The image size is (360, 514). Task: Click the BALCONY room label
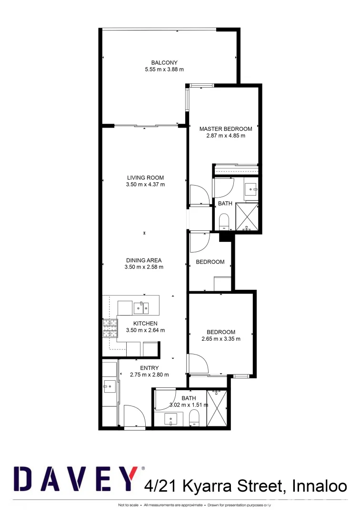164,62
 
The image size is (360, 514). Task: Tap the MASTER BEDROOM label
226,129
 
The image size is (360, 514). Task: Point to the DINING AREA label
144,260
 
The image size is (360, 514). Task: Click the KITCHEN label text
145,324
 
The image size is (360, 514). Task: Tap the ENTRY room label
149,368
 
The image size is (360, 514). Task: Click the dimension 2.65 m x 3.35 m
221,339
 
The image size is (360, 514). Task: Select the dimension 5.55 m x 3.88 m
164,69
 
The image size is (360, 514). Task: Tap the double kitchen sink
141,308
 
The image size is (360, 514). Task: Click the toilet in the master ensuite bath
223,221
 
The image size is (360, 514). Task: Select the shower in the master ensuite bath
247,217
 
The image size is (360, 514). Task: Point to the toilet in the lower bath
194,418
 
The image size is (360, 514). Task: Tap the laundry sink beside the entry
109,387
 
